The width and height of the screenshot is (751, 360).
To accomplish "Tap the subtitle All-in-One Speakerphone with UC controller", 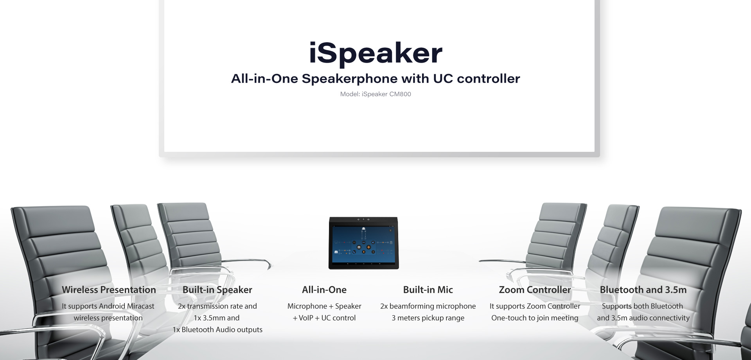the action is (x=375, y=79).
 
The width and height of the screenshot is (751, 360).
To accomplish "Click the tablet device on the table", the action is (x=363, y=243).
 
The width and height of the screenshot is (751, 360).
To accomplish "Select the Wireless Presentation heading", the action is (x=109, y=290).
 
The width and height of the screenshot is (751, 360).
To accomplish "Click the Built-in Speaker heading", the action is (x=217, y=290).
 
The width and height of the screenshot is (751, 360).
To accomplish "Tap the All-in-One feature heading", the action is (x=324, y=290).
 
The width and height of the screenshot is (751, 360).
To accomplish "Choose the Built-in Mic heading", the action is (x=428, y=290).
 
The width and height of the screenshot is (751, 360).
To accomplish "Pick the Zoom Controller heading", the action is (x=535, y=290).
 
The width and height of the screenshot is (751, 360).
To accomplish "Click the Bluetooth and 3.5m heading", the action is (x=643, y=290).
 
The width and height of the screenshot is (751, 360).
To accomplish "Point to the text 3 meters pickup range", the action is (x=428, y=318).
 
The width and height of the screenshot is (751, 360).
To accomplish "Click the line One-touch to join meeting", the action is (x=535, y=318).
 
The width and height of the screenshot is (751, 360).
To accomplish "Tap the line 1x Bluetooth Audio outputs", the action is (x=217, y=330).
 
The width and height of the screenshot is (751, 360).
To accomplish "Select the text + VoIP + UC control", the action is (x=324, y=318).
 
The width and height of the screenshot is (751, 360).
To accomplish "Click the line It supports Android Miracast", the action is (x=108, y=306).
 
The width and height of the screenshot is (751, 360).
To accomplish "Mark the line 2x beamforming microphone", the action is (x=428, y=306).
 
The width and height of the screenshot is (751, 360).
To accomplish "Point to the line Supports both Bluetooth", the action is (x=643, y=306).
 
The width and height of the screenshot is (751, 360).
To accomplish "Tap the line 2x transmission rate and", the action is (x=217, y=306).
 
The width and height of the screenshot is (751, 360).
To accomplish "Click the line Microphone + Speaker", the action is (x=324, y=306).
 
